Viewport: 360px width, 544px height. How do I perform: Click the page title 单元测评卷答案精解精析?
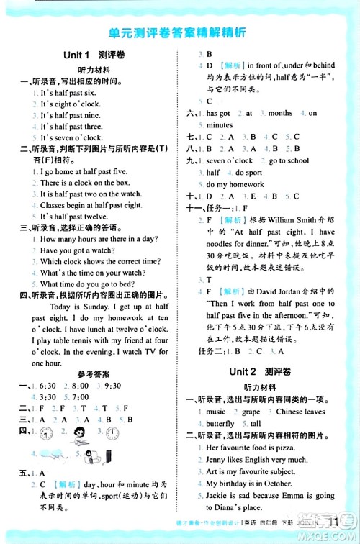pos(180,33)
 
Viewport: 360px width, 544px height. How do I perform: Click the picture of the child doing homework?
pos(79,432)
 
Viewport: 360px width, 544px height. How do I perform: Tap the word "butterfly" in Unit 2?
pos(220,424)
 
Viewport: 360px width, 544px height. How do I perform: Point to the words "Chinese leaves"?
pos(300,412)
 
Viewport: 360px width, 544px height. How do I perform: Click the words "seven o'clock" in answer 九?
pos(230,160)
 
